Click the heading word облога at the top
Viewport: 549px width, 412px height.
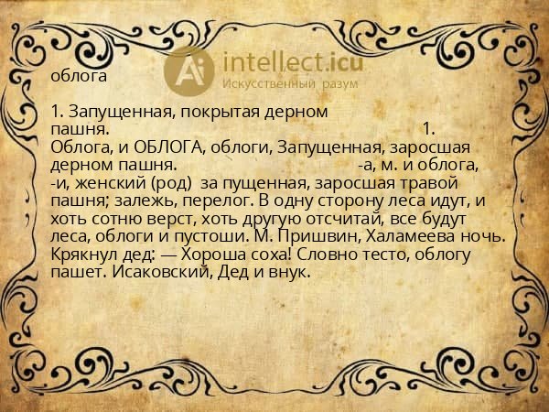81,76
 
